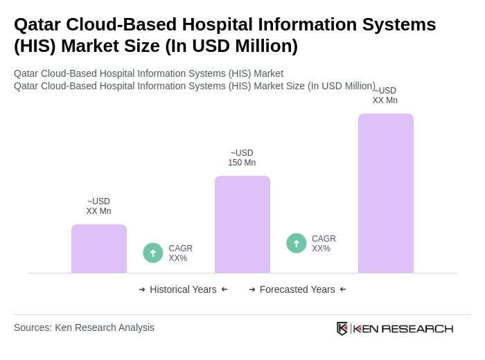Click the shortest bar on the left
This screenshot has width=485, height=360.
[99, 249]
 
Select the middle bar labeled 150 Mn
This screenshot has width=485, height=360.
[242, 224]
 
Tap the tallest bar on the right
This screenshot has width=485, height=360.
[385, 193]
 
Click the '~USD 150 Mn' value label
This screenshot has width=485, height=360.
[242, 158]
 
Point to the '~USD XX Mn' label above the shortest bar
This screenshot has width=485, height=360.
[98, 206]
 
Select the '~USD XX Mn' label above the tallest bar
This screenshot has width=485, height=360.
[385, 96]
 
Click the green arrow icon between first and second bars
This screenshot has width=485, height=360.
[153, 253]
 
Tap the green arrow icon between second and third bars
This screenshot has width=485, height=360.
[297, 243]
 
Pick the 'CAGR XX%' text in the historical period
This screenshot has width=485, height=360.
[180, 253]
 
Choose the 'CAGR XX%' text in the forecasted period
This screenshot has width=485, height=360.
[324, 244]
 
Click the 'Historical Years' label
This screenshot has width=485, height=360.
[183, 289]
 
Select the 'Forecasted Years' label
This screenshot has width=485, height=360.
[297, 289]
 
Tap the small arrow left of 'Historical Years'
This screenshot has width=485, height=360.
[142, 289]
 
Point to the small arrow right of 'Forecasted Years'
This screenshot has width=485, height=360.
[343, 289]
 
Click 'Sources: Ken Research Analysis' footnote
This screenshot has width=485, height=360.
[84, 327]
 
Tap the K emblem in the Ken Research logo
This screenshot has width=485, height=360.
[342, 328]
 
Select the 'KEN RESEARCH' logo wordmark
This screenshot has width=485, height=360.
[403, 328]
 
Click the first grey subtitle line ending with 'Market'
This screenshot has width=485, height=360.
[148, 73]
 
